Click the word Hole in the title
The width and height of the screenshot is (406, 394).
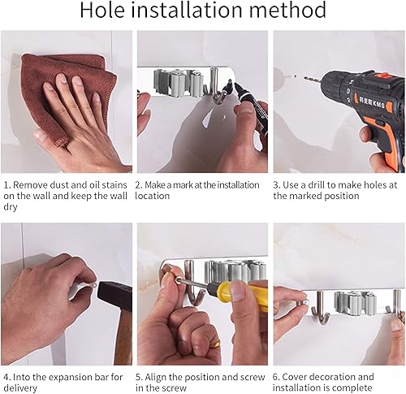pos(102,10)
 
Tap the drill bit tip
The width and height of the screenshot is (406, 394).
pos(304,77)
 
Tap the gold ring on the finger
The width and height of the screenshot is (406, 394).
pos(216,344)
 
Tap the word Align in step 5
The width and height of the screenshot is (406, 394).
pos(154,377)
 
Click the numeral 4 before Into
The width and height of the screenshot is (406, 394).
pos(6,377)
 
